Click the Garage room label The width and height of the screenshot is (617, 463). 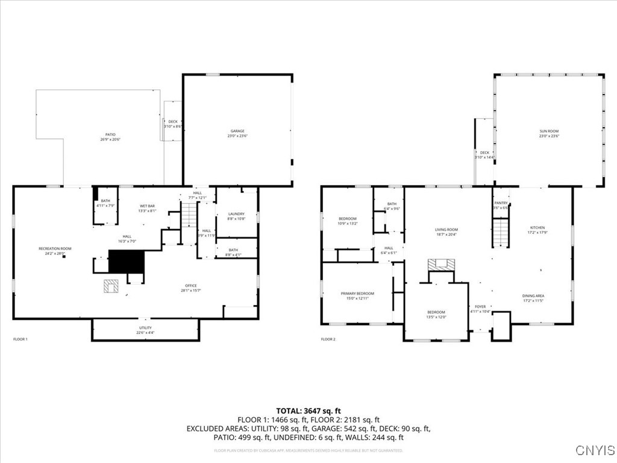(237, 131)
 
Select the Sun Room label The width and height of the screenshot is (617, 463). (549, 131)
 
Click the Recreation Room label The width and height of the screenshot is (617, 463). (55, 249)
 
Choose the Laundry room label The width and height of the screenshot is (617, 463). (236, 214)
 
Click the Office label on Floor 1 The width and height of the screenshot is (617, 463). (191, 286)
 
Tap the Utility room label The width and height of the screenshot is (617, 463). (145, 328)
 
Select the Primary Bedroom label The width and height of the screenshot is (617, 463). (357, 294)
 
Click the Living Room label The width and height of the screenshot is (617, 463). (446, 230)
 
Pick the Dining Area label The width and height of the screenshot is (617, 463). (533, 296)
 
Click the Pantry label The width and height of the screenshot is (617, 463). (501, 203)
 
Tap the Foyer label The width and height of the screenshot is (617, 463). (480, 307)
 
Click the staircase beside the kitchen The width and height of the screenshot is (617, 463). (501, 233)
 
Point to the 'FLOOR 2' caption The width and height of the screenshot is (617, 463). (328, 339)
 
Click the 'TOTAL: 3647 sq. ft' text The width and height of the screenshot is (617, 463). (308, 411)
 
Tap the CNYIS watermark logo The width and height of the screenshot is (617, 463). (595, 450)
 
